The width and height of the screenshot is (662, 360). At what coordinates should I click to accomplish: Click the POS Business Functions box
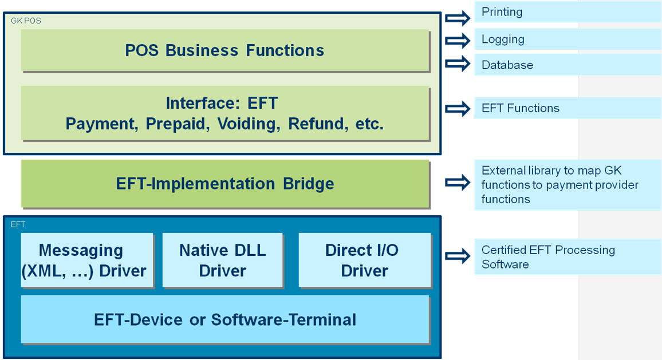[224, 50]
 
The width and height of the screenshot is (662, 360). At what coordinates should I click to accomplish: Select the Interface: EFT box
[224, 113]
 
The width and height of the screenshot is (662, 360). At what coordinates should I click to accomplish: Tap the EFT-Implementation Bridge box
[224, 184]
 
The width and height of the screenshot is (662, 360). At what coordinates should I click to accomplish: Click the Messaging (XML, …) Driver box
[87, 260]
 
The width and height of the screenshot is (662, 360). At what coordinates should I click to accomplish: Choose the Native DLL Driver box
[223, 260]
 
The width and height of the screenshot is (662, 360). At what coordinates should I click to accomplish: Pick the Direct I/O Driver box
[364, 260]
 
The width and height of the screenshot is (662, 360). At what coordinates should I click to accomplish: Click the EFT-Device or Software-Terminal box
[224, 319]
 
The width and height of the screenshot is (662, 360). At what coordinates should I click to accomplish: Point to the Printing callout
[567, 12]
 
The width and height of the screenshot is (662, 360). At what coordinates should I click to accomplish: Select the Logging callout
[567, 39]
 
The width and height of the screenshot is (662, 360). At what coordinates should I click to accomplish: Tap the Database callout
[567, 65]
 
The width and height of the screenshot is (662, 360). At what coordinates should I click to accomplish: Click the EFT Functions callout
[567, 108]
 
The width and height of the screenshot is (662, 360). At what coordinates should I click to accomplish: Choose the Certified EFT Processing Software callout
[567, 257]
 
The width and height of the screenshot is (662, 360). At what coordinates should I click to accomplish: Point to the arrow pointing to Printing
[458, 18]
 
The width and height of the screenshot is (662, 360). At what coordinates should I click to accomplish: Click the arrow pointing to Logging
[458, 41]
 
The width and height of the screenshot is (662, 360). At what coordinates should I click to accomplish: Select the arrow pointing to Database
[458, 64]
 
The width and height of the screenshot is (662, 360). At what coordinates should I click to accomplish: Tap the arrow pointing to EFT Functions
[458, 109]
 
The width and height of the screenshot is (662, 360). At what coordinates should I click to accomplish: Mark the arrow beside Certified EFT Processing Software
[458, 256]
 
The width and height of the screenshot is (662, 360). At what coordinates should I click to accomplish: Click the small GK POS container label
[26, 21]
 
